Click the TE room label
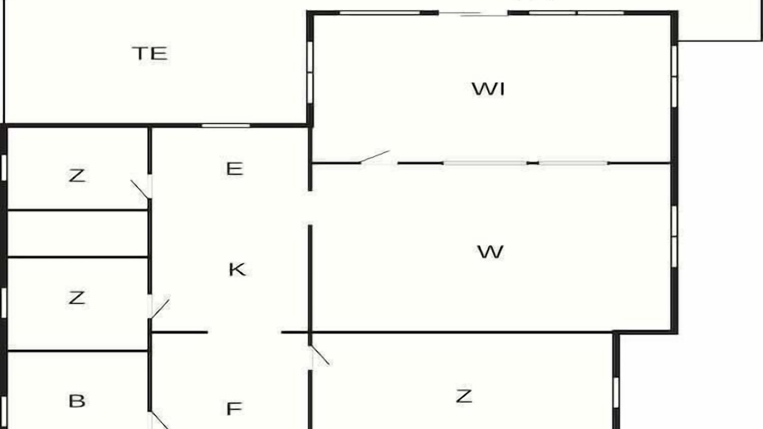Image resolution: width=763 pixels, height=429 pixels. [x=150, y=54]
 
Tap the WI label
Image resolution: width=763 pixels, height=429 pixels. [x=488, y=89]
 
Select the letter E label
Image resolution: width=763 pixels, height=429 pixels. [x=234, y=169]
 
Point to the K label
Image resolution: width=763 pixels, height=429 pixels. [x=237, y=270]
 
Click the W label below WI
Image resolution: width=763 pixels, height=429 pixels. [x=490, y=252]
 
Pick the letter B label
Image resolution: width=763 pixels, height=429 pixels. [x=76, y=401]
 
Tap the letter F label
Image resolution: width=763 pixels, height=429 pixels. [x=234, y=409]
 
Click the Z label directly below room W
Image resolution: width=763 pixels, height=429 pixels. [x=464, y=396]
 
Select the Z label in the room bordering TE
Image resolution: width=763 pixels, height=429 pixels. [x=76, y=176]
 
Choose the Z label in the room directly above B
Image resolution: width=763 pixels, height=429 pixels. [x=76, y=297]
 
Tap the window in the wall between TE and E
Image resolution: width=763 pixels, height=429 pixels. [x=225, y=125]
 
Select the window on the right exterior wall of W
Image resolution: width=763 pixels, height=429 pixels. [x=674, y=237]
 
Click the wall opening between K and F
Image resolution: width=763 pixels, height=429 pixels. [x=244, y=332]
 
